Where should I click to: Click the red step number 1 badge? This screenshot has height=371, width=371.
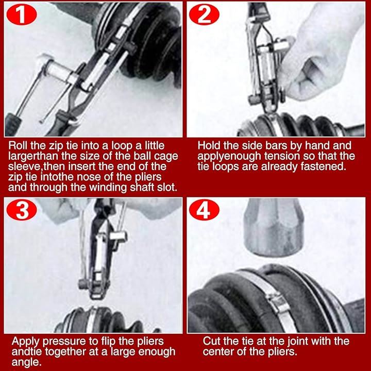[x=22, y=14]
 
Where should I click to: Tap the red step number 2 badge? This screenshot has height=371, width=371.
[x=204, y=14]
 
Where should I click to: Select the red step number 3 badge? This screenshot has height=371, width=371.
[x=22, y=210]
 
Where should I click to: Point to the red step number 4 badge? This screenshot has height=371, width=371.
[x=204, y=210]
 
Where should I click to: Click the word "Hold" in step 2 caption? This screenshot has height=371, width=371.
[x=209, y=145]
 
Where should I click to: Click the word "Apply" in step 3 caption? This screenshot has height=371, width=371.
[x=26, y=342]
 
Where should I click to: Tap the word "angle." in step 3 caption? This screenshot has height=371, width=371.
[x=25, y=363]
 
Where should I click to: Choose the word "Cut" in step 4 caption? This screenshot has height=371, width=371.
[x=212, y=341]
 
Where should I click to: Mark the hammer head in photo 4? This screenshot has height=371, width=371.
[x=274, y=227]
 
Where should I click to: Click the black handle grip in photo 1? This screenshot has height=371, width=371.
[x=12, y=124]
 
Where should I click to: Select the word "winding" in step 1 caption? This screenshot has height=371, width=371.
[x=109, y=188]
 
